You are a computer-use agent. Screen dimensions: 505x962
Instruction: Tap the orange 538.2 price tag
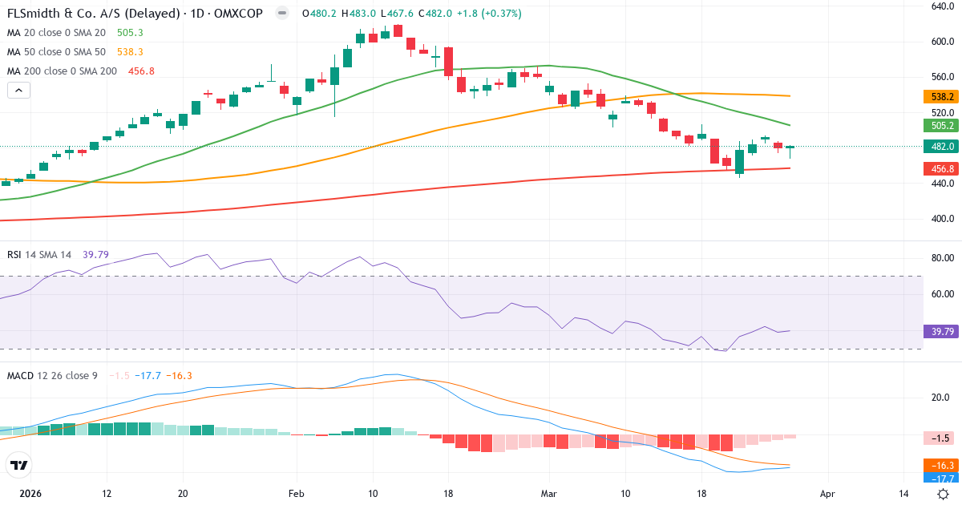pos(942,97)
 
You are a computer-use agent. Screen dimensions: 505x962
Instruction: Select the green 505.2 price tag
pos(942,126)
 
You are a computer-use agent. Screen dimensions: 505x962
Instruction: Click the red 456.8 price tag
pos(942,169)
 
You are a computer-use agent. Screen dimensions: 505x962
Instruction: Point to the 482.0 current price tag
pos(942,147)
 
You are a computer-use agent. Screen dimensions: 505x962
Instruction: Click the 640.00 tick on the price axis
pos(940,6)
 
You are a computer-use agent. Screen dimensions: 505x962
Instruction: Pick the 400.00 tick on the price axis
pos(940,219)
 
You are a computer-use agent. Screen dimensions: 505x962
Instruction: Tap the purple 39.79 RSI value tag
pos(942,332)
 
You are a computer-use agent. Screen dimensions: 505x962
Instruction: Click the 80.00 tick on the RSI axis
pos(940,258)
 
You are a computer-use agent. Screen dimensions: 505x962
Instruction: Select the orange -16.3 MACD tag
pos(942,465)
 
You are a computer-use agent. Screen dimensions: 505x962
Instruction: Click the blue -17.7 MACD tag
pos(942,479)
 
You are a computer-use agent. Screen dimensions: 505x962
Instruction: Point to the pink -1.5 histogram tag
pos(942,438)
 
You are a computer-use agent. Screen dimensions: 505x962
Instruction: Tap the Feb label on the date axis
pos(297,494)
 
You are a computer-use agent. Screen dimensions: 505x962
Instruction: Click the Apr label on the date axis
pos(828,494)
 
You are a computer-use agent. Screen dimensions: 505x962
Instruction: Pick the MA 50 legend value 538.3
pos(130,52)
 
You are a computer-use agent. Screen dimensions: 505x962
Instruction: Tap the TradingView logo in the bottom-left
pos(19,466)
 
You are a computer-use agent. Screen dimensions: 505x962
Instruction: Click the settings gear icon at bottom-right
pos(944,494)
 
